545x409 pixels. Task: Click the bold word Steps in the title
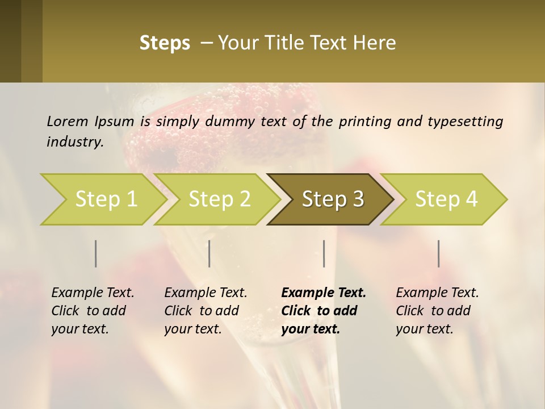(x=165, y=43)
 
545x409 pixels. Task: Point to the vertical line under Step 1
(x=96, y=253)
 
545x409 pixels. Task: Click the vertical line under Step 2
(x=209, y=253)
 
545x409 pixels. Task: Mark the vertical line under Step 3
(x=324, y=253)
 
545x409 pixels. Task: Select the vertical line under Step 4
(x=439, y=253)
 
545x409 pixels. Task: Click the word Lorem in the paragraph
(x=67, y=121)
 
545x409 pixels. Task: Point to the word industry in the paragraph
(x=74, y=142)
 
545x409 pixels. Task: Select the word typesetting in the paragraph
(x=465, y=122)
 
